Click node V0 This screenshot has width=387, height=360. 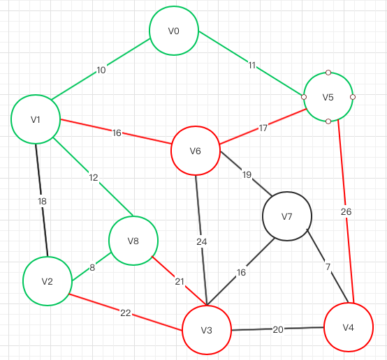[174, 31]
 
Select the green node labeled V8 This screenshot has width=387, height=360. [133, 241]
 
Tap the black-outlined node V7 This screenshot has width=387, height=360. [287, 216]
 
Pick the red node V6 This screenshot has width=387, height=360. [196, 151]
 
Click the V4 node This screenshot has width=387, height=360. [349, 327]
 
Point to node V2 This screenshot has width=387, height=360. [48, 281]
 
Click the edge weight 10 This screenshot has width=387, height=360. [101, 70]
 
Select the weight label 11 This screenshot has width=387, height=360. [251, 66]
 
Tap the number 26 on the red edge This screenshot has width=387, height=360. [346, 211]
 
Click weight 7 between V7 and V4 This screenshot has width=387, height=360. [328, 267]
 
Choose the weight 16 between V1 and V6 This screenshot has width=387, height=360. [117, 133]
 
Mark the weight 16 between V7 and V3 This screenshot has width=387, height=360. [241, 273]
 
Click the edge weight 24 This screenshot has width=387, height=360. [202, 242]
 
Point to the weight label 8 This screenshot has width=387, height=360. [92, 267]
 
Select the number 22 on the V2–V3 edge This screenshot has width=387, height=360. [125, 313]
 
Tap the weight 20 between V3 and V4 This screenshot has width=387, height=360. [278, 330]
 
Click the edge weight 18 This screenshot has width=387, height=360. [42, 202]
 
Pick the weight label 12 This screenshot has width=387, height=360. [94, 177]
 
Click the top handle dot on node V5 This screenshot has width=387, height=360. [328, 73]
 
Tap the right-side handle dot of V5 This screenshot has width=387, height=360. [353, 97]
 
